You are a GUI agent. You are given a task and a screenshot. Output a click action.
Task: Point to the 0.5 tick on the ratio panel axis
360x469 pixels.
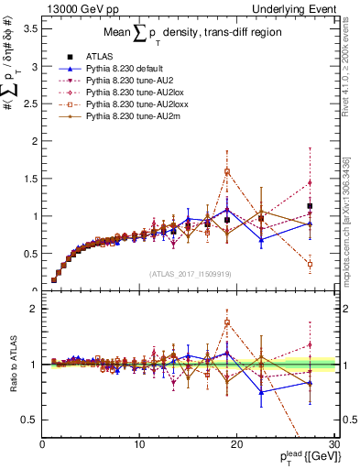coord(29,420)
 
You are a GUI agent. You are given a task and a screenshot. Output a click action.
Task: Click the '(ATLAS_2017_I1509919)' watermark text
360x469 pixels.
coord(190,273)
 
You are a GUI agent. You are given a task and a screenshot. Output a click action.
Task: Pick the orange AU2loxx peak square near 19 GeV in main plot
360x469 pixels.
coord(227,171)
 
